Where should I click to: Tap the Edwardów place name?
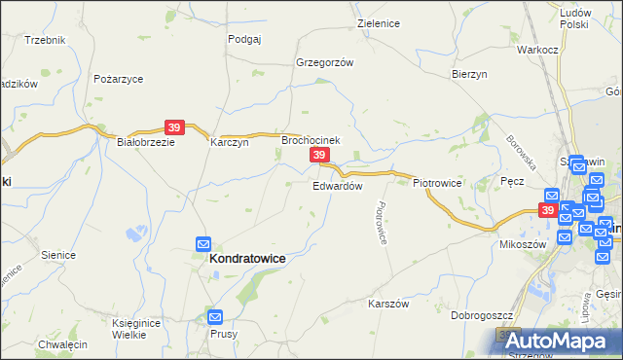coord(338,185)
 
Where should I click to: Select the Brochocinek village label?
coord(311,140)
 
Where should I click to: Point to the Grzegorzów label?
coord(324,61)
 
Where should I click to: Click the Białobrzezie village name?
coord(145,141)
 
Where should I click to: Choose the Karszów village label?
coord(386,304)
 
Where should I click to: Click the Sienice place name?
coord(58,255)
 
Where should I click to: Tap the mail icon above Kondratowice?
coord(204,243)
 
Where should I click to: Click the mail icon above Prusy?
coord(215,317)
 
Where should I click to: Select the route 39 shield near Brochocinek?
coord(318,155)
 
